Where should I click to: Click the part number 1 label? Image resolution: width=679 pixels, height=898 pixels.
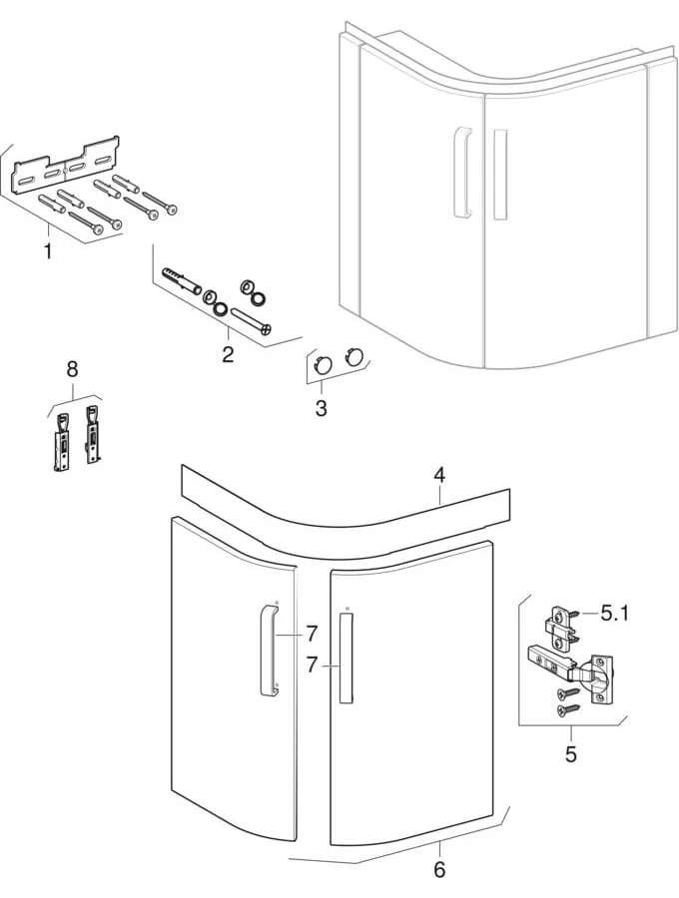click(47, 251)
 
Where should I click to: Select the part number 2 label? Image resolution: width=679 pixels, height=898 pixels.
click(228, 354)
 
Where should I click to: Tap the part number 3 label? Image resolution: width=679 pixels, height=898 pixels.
click(321, 407)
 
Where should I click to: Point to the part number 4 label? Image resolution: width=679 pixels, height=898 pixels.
click(438, 475)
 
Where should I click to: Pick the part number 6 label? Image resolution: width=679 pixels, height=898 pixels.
click(439, 869)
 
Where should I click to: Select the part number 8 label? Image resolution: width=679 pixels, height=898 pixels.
click(72, 369)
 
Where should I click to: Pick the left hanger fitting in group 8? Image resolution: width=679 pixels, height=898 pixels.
click(63, 439)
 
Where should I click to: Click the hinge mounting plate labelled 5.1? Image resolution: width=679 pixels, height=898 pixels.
click(559, 627)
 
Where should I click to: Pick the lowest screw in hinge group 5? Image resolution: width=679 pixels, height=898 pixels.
click(566, 709)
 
